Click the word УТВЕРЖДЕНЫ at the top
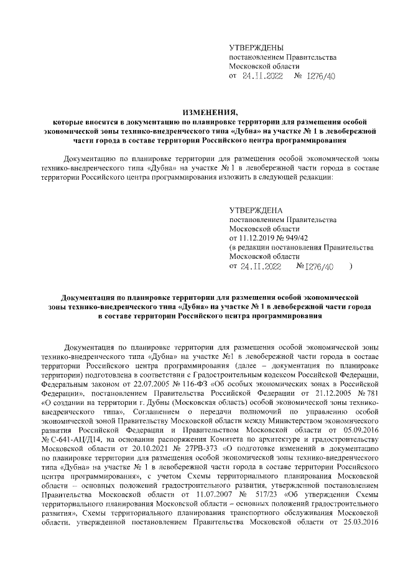256,48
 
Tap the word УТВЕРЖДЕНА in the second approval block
256,211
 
